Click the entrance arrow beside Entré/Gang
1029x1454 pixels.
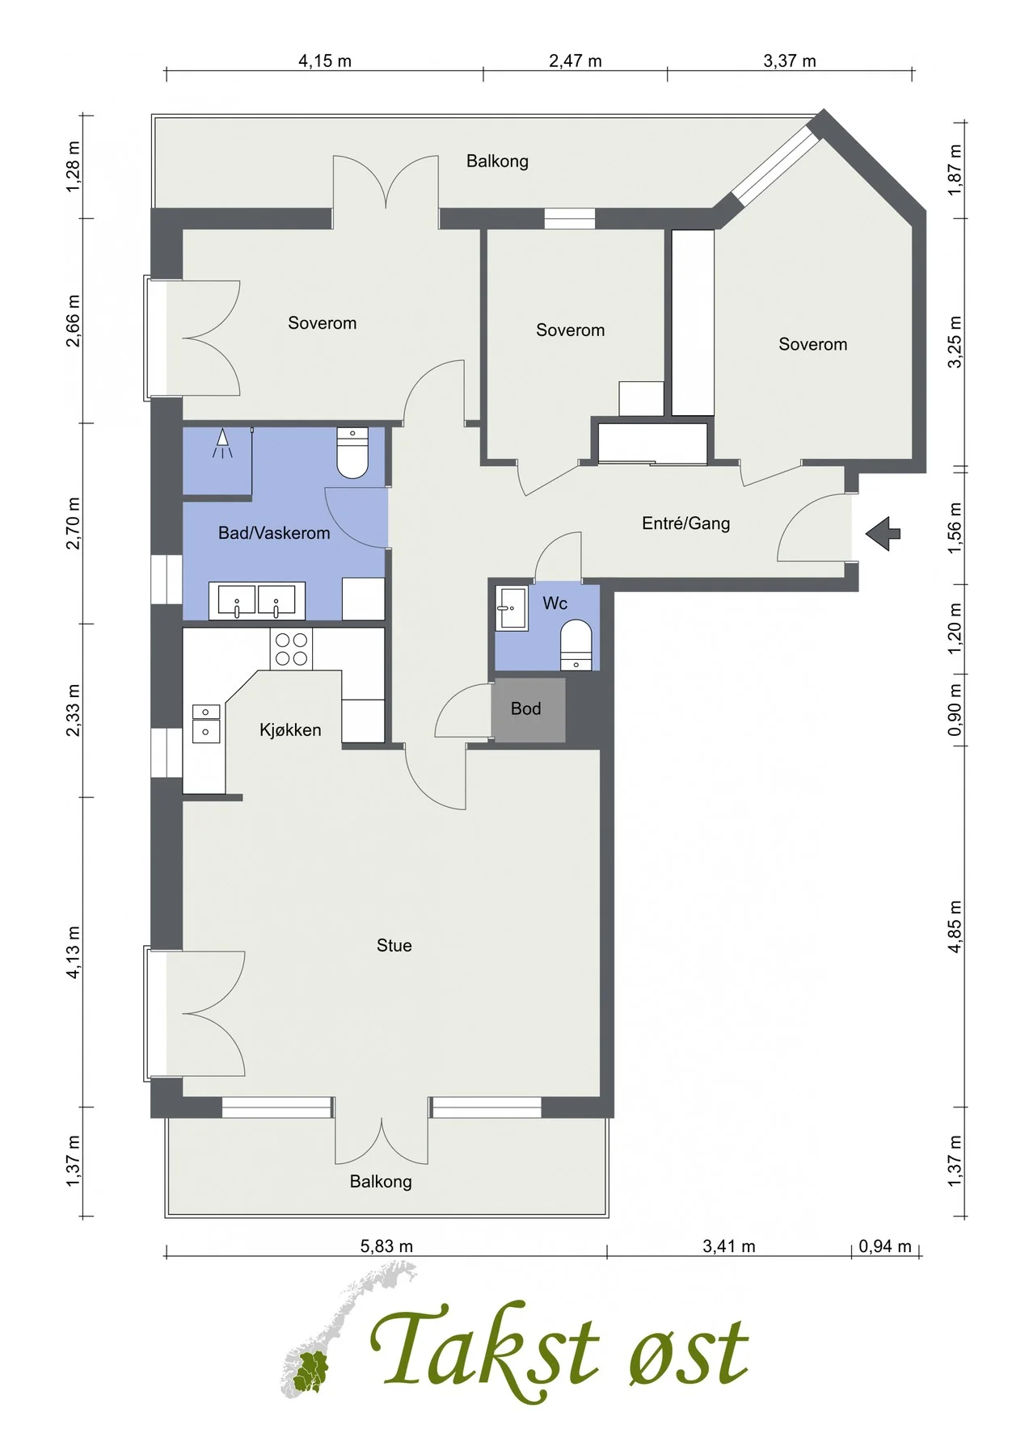[x=883, y=533]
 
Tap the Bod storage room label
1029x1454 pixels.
[x=525, y=708]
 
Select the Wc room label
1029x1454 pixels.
[x=555, y=603]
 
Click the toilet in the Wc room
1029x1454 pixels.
[x=576, y=645]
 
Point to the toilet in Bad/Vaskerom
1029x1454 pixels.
[x=352, y=452]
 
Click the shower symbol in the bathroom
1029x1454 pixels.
[x=222, y=443]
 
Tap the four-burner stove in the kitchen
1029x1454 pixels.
[x=291, y=649]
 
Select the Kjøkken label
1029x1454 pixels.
[x=290, y=730]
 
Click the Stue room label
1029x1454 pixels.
[x=394, y=945]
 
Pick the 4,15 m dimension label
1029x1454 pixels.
[x=325, y=61]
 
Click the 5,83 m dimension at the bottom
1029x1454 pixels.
[x=386, y=1246]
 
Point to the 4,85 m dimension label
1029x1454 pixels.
[x=955, y=926]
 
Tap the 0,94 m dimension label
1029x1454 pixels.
[x=885, y=1246]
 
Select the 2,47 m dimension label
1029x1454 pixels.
[x=576, y=61]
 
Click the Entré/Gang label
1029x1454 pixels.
[x=686, y=523]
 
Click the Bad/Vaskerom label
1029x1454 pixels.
[x=274, y=533]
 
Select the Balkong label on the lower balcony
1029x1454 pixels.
[x=381, y=1182]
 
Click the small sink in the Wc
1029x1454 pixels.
[x=512, y=607]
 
